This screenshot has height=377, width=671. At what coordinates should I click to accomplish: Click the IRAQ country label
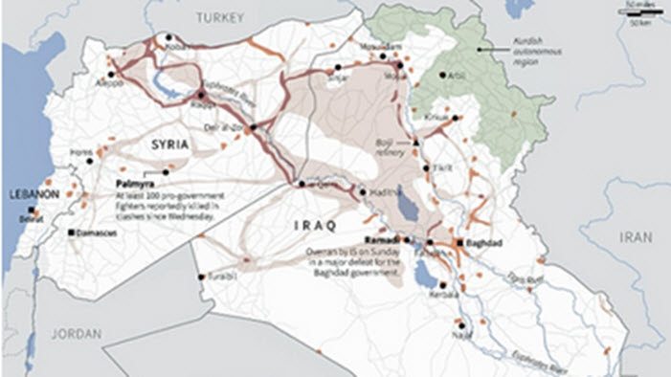(x=307, y=226)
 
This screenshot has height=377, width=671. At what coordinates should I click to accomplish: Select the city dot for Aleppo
(x=113, y=73)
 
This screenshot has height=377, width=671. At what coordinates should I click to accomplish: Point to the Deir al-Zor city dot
(x=251, y=127)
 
